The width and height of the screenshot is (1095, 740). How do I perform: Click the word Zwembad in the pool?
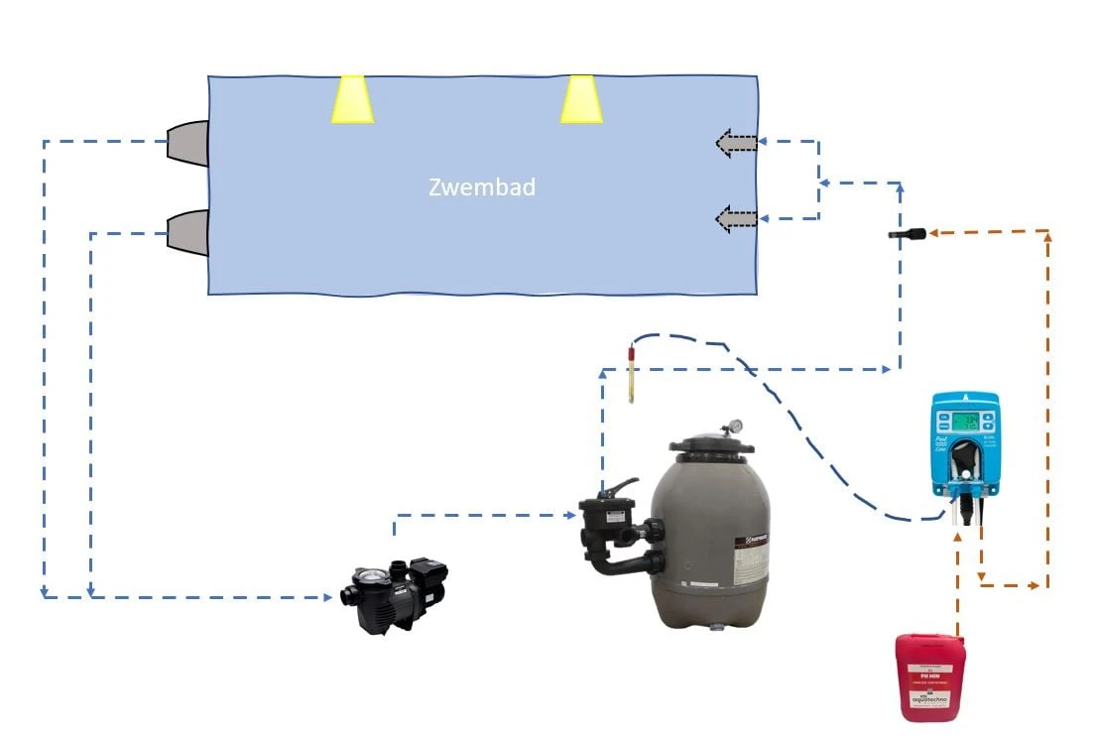(482, 186)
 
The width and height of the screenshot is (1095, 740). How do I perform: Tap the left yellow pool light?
(352, 99)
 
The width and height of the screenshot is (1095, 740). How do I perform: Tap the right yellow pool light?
(581, 99)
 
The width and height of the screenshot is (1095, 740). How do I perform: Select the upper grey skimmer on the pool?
(188, 143)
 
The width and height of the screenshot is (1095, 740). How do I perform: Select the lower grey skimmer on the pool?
(188, 233)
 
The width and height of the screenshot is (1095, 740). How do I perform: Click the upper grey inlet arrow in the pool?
(736, 144)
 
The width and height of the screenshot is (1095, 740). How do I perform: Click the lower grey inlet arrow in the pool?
(736, 217)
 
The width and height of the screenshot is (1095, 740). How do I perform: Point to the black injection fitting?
(907, 234)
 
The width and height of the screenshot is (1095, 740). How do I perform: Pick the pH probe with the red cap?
(631, 372)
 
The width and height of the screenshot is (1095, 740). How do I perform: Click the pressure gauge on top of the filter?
(733, 428)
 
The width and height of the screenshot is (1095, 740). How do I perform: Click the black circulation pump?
(394, 596)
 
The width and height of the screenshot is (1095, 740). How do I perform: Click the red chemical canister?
(929, 678)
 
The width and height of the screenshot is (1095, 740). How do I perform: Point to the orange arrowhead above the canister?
(957, 537)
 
